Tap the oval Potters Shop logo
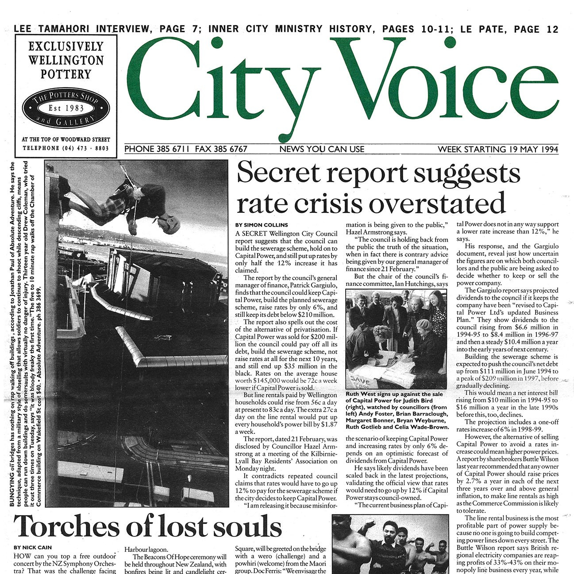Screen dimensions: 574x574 [x=66, y=108]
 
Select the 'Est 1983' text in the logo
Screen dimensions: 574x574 [x=66, y=108]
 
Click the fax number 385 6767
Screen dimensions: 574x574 [x=231, y=149]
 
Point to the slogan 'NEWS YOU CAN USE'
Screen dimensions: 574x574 [x=322, y=149]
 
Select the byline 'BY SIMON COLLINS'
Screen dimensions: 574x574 [x=261, y=225]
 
